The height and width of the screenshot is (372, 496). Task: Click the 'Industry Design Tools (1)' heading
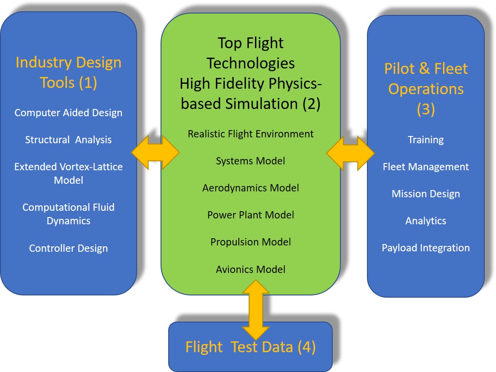(x=68, y=73)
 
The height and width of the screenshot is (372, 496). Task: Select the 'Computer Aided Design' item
(x=68, y=113)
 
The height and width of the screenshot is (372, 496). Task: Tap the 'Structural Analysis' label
(x=68, y=140)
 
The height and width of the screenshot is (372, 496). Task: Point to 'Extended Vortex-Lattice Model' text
(x=68, y=173)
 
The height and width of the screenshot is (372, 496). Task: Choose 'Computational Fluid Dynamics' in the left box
(x=68, y=214)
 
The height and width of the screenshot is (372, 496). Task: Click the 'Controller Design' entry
(x=68, y=248)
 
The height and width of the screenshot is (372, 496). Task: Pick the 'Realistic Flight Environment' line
(x=250, y=134)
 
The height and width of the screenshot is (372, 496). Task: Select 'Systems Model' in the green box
(x=250, y=161)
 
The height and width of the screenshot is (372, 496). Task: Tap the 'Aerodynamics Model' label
(x=250, y=188)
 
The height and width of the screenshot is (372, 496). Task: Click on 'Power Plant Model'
(x=250, y=215)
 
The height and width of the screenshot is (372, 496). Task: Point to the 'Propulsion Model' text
(x=250, y=242)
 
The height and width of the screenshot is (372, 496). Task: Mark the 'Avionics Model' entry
(x=250, y=269)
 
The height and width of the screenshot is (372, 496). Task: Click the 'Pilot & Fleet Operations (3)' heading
(x=425, y=89)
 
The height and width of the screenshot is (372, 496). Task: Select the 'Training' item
(x=425, y=140)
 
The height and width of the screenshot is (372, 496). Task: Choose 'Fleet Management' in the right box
(x=425, y=167)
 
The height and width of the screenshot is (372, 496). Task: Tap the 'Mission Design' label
(x=425, y=194)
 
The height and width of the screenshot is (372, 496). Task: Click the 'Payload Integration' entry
(x=425, y=248)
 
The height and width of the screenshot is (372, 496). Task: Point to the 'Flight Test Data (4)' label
(x=250, y=347)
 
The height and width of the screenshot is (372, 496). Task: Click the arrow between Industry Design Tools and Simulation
(x=155, y=152)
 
